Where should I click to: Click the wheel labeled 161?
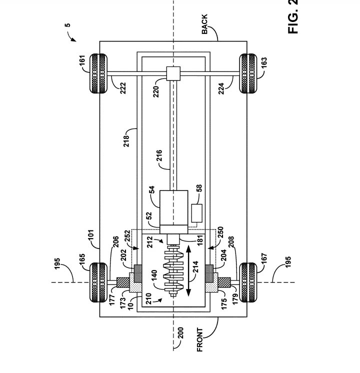click(x=98, y=73)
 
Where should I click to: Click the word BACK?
click(x=204, y=23)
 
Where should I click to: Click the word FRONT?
click(x=199, y=340)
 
